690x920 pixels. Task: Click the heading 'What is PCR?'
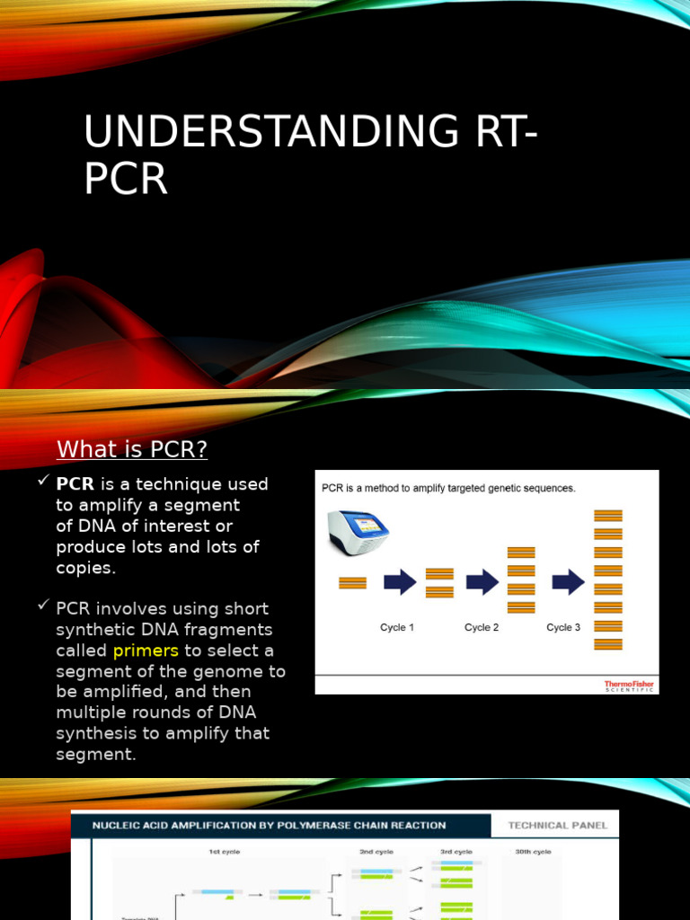point(132,448)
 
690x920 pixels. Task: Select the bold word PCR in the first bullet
point(75,484)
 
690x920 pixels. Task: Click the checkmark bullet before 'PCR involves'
point(43,606)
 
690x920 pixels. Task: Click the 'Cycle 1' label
point(397,628)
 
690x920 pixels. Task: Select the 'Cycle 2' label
point(482,628)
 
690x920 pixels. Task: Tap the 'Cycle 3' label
point(563,628)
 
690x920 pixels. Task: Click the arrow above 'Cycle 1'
point(400,582)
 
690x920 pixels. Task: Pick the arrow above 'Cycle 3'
point(568,582)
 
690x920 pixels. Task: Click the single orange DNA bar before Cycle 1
point(352,583)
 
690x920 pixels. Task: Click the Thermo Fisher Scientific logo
point(629,686)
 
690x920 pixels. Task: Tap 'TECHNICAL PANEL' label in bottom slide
point(558,825)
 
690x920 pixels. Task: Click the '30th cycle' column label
point(532,852)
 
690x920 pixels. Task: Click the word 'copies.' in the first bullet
point(85,568)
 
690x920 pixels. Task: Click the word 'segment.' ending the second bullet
point(95,755)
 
